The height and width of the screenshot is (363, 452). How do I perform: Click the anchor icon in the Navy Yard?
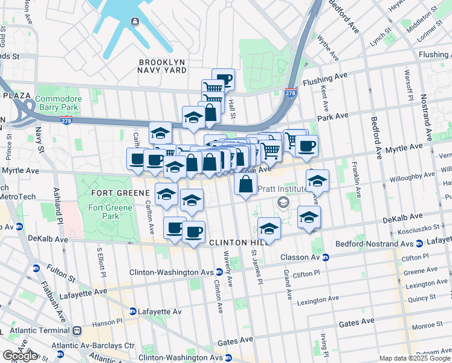click(x=134, y=22)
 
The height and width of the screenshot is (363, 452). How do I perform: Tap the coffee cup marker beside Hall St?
click(x=223, y=79)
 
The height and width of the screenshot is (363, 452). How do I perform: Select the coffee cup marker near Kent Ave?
click(x=306, y=146)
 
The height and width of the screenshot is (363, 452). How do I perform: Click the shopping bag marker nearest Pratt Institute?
click(x=246, y=184)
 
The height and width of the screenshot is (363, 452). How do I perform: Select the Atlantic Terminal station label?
click(x=46, y=331)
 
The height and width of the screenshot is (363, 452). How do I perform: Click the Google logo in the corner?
click(x=20, y=356)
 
